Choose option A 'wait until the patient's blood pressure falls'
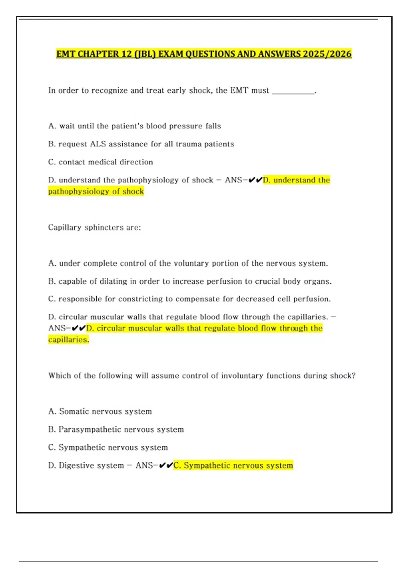pos(134,126)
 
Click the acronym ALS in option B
pos(98,144)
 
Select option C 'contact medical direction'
pos(101,162)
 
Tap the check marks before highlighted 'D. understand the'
pos(255,180)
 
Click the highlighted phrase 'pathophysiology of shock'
pos(96,191)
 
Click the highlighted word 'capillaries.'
pos(68,340)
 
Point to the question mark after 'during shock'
pos(354,376)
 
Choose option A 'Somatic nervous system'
pos(100,412)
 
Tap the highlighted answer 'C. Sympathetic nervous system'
pos(233,465)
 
